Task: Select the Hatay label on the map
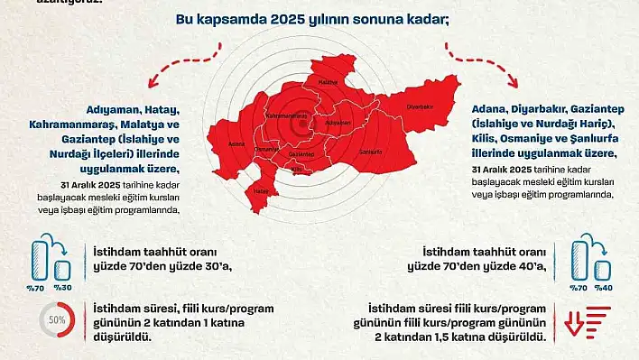262,191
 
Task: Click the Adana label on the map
237,143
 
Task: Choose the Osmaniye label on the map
265,148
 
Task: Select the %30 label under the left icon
63,287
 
